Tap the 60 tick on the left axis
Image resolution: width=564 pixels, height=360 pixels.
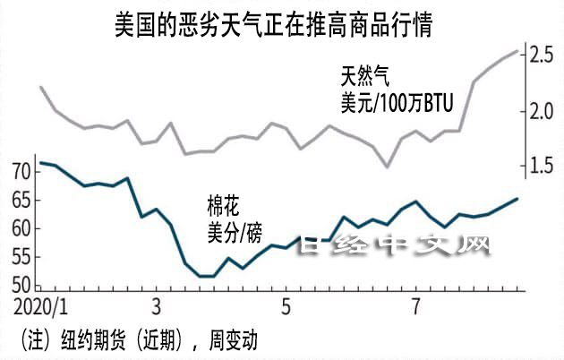pos(21,228)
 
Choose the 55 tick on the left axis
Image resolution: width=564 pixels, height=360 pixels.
pos(21,257)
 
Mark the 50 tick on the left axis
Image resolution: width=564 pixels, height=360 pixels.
pos(21,286)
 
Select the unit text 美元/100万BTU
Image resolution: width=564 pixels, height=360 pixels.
pos(397,104)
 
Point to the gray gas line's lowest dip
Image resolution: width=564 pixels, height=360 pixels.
pos(387,167)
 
